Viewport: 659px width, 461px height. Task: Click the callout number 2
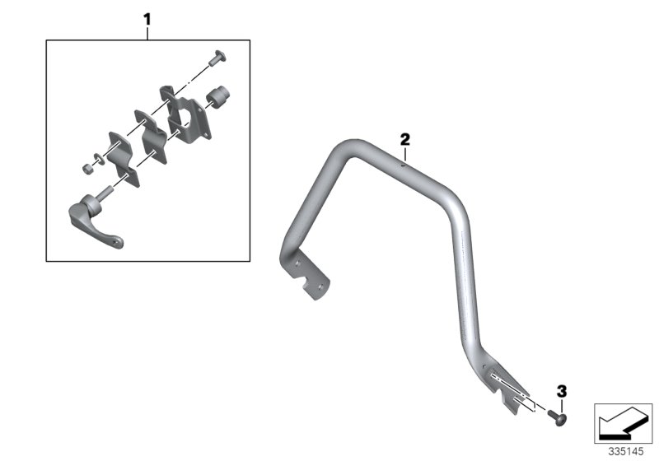404,138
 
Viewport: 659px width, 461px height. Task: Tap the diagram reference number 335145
624,451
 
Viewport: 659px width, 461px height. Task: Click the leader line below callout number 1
147,31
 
